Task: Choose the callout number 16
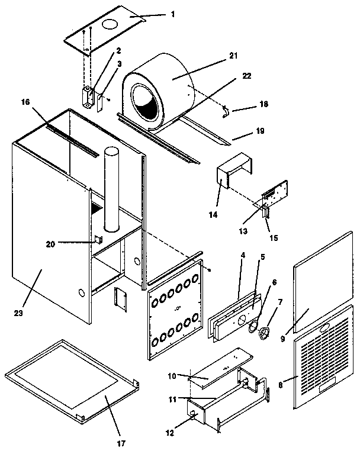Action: click(x=25, y=102)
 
